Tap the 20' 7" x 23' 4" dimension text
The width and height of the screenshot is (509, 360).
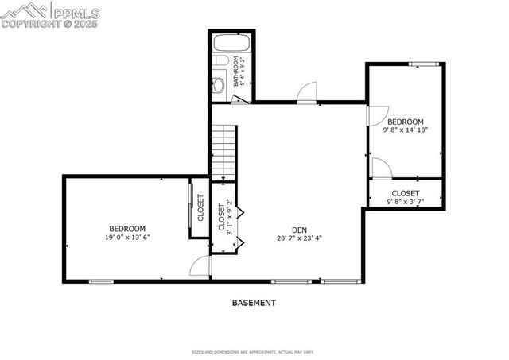[x=299, y=238]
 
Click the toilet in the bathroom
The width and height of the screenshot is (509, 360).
[x=220, y=83]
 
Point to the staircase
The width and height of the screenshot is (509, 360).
[x=223, y=152]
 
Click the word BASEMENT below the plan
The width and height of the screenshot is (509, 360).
[x=254, y=303]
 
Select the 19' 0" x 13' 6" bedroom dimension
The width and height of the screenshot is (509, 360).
[x=127, y=237]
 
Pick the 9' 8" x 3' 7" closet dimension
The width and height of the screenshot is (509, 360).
[x=405, y=201]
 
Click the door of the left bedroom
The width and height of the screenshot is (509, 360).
[x=200, y=267]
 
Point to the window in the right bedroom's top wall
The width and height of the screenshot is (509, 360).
[x=425, y=64]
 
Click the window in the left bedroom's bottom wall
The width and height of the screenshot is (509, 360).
[x=101, y=281]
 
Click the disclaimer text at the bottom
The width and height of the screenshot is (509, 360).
[x=254, y=352]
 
